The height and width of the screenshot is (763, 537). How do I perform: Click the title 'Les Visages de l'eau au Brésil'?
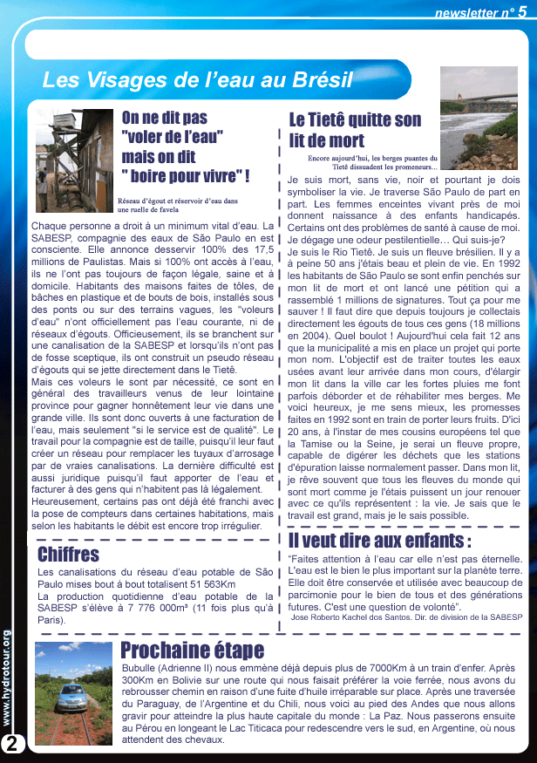tap(197, 81)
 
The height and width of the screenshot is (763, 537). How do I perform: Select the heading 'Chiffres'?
tap(69, 555)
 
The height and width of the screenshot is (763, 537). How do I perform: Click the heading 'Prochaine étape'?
tap(192, 651)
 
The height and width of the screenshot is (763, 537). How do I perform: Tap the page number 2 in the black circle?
tap(13, 744)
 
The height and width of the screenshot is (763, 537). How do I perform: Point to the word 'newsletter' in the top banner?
tap(467, 13)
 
